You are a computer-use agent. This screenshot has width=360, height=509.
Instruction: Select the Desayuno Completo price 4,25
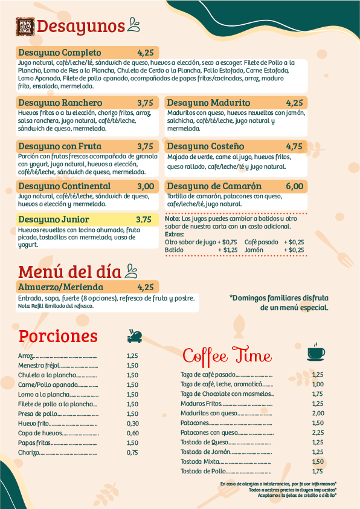pyautogui.click(x=146, y=52)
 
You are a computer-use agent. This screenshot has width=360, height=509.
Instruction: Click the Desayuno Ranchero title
pyautogui.click(x=60, y=103)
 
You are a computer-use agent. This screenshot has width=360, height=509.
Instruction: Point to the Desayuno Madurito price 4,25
pyautogui.click(x=294, y=103)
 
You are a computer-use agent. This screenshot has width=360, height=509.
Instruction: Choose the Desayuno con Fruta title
pyautogui.click(x=60, y=146)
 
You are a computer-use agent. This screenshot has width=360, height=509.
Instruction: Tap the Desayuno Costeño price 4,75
pyautogui.click(x=294, y=146)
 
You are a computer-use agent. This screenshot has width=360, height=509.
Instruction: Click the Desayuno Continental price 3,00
pyautogui.click(x=146, y=186)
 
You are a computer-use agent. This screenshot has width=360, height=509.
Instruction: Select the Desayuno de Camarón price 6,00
pyautogui.click(x=294, y=186)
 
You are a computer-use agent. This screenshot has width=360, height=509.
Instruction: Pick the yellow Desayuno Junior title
pyautogui.click(x=54, y=219)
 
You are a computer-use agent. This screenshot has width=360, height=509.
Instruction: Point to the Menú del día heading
pyautogui.click(x=69, y=271)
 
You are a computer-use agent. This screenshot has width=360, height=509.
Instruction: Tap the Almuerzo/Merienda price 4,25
pyautogui.click(x=146, y=287)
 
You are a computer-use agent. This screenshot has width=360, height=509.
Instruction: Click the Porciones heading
pyautogui.click(x=58, y=336)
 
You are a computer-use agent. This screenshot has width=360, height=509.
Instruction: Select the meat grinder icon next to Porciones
pyautogui.click(x=135, y=336)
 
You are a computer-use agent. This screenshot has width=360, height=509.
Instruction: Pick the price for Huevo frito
pyautogui.click(x=133, y=423)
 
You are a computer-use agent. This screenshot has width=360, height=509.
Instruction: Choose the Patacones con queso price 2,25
pyautogui.click(x=318, y=433)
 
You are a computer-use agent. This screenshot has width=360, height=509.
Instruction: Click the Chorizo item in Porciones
pyautogui.click(x=28, y=452)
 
